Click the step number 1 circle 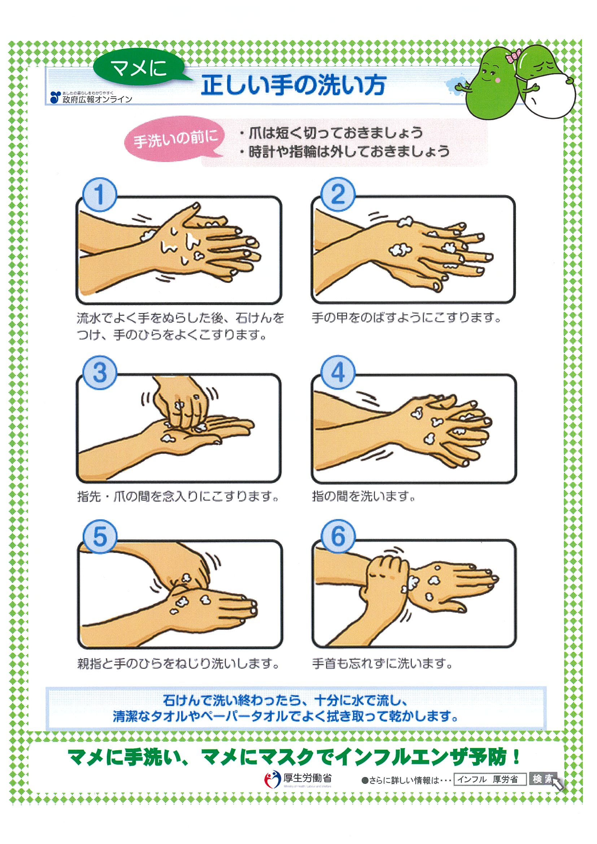(99, 194)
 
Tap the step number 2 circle (338, 194)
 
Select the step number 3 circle (99, 372)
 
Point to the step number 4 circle (338, 372)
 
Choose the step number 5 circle (99, 536)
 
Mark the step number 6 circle (338, 536)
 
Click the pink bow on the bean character (513, 56)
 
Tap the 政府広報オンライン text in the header (97, 99)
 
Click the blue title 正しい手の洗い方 (293, 85)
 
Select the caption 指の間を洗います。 (364, 496)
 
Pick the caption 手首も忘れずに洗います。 (382, 663)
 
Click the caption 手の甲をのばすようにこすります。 (406, 318)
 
